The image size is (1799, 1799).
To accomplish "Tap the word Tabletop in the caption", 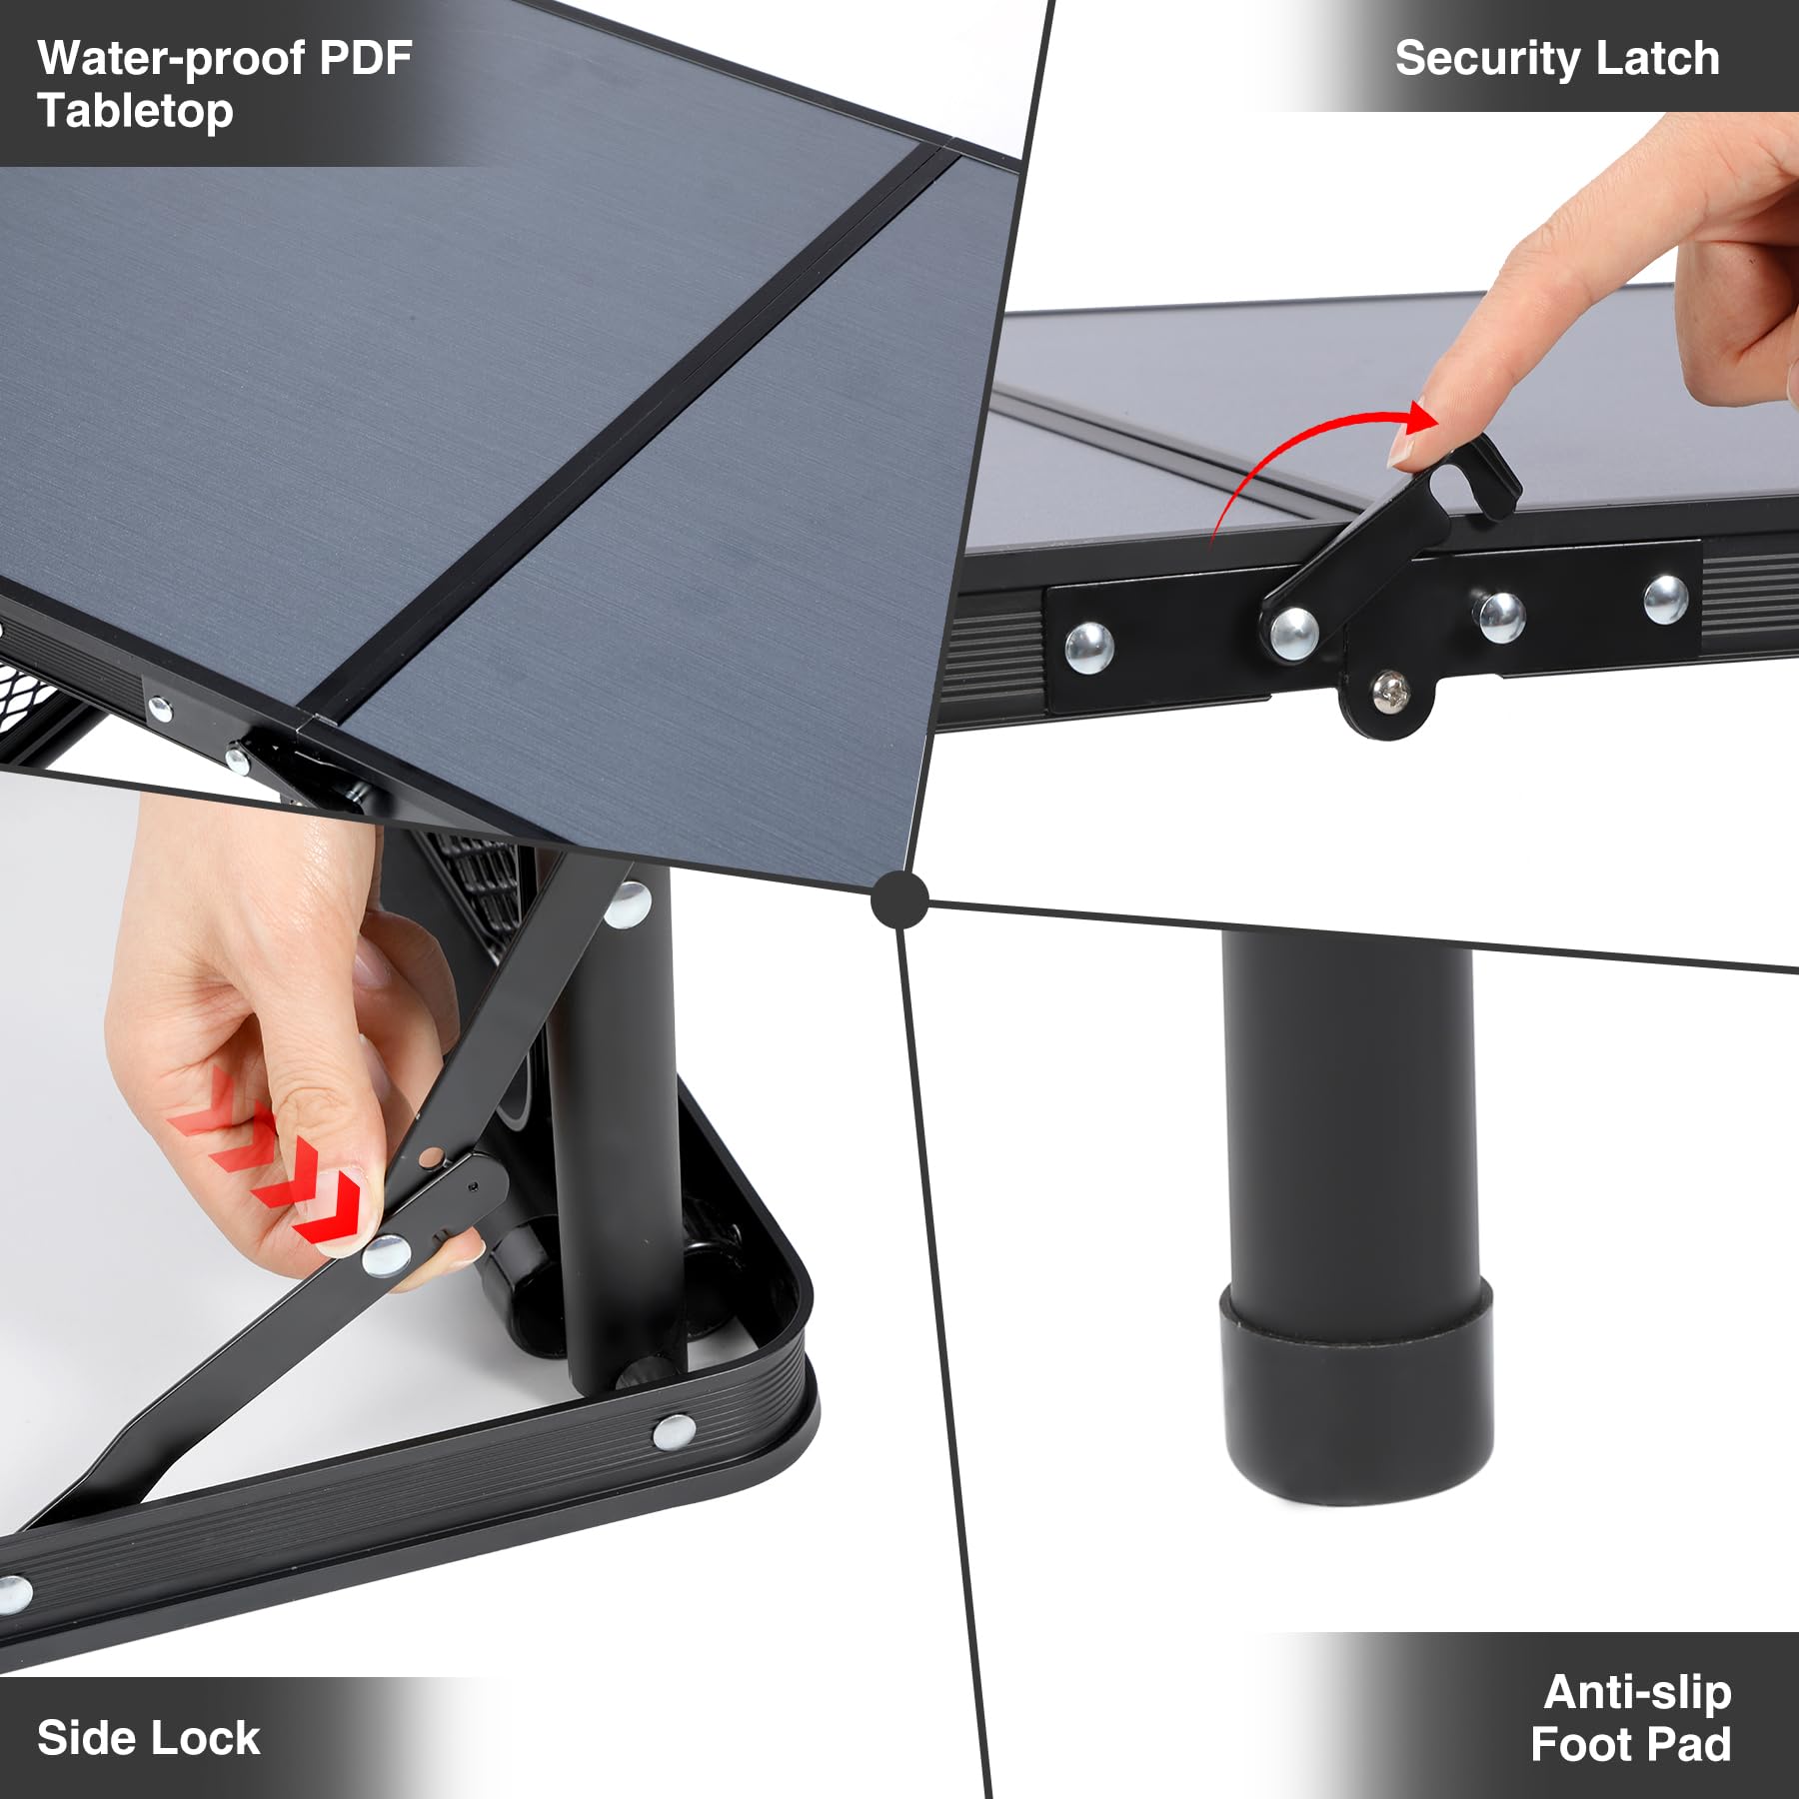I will pyautogui.click(x=135, y=110).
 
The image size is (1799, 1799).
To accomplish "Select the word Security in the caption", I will pyautogui.click(x=1486, y=58).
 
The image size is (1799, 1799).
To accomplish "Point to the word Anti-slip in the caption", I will pyautogui.click(x=1637, y=1692).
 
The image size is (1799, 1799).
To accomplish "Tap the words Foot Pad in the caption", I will pyautogui.click(x=1630, y=1744).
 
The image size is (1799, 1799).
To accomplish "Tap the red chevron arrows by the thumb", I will pyautogui.click(x=270, y=1164).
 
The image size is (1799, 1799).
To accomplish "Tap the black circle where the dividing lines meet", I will pyautogui.click(x=899, y=899).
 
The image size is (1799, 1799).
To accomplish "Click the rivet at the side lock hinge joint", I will pyautogui.click(x=386, y=1255).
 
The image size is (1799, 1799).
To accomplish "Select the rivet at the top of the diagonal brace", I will pyautogui.click(x=629, y=904).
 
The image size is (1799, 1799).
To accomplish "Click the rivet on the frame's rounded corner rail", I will pyautogui.click(x=674, y=1431).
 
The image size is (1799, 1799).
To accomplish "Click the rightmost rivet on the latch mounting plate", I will pyautogui.click(x=1665, y=599).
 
